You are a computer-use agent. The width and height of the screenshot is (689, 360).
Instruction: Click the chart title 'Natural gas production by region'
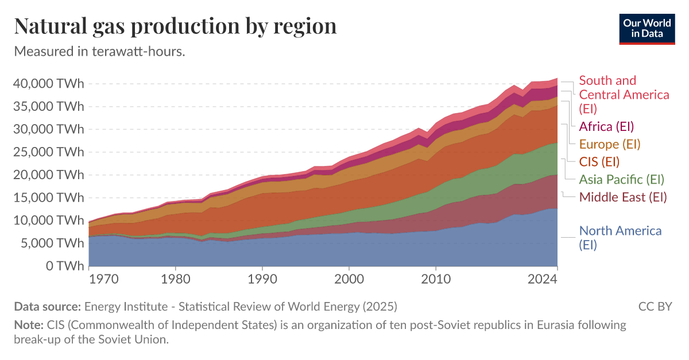coord(175,26)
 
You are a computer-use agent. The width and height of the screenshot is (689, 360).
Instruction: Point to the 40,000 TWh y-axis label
coord(48,83)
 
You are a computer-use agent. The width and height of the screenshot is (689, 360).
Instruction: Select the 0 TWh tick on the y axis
coord(64,266)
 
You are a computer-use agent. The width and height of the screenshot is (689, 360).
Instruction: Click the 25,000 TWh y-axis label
coord(48,152)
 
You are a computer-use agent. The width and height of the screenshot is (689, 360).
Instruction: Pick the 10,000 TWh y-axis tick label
coord(48,220)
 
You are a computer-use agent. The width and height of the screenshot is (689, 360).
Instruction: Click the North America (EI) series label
coord(620,238)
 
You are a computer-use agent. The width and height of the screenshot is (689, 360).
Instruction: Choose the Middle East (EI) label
coord(623,198)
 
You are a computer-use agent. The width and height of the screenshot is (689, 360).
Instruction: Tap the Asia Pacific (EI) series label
coord(622,179)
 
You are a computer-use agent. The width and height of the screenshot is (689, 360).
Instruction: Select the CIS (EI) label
coord(599,161)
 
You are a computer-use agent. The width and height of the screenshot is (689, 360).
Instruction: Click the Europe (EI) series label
coord(610,144)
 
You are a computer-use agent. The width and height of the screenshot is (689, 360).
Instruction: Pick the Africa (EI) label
coord(606,126)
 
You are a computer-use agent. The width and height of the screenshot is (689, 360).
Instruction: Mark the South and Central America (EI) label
coord(624,94)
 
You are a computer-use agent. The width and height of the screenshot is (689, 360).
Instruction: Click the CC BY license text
coord(655,306)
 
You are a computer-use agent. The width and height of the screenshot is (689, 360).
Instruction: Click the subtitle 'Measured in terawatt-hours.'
coord(99,51)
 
